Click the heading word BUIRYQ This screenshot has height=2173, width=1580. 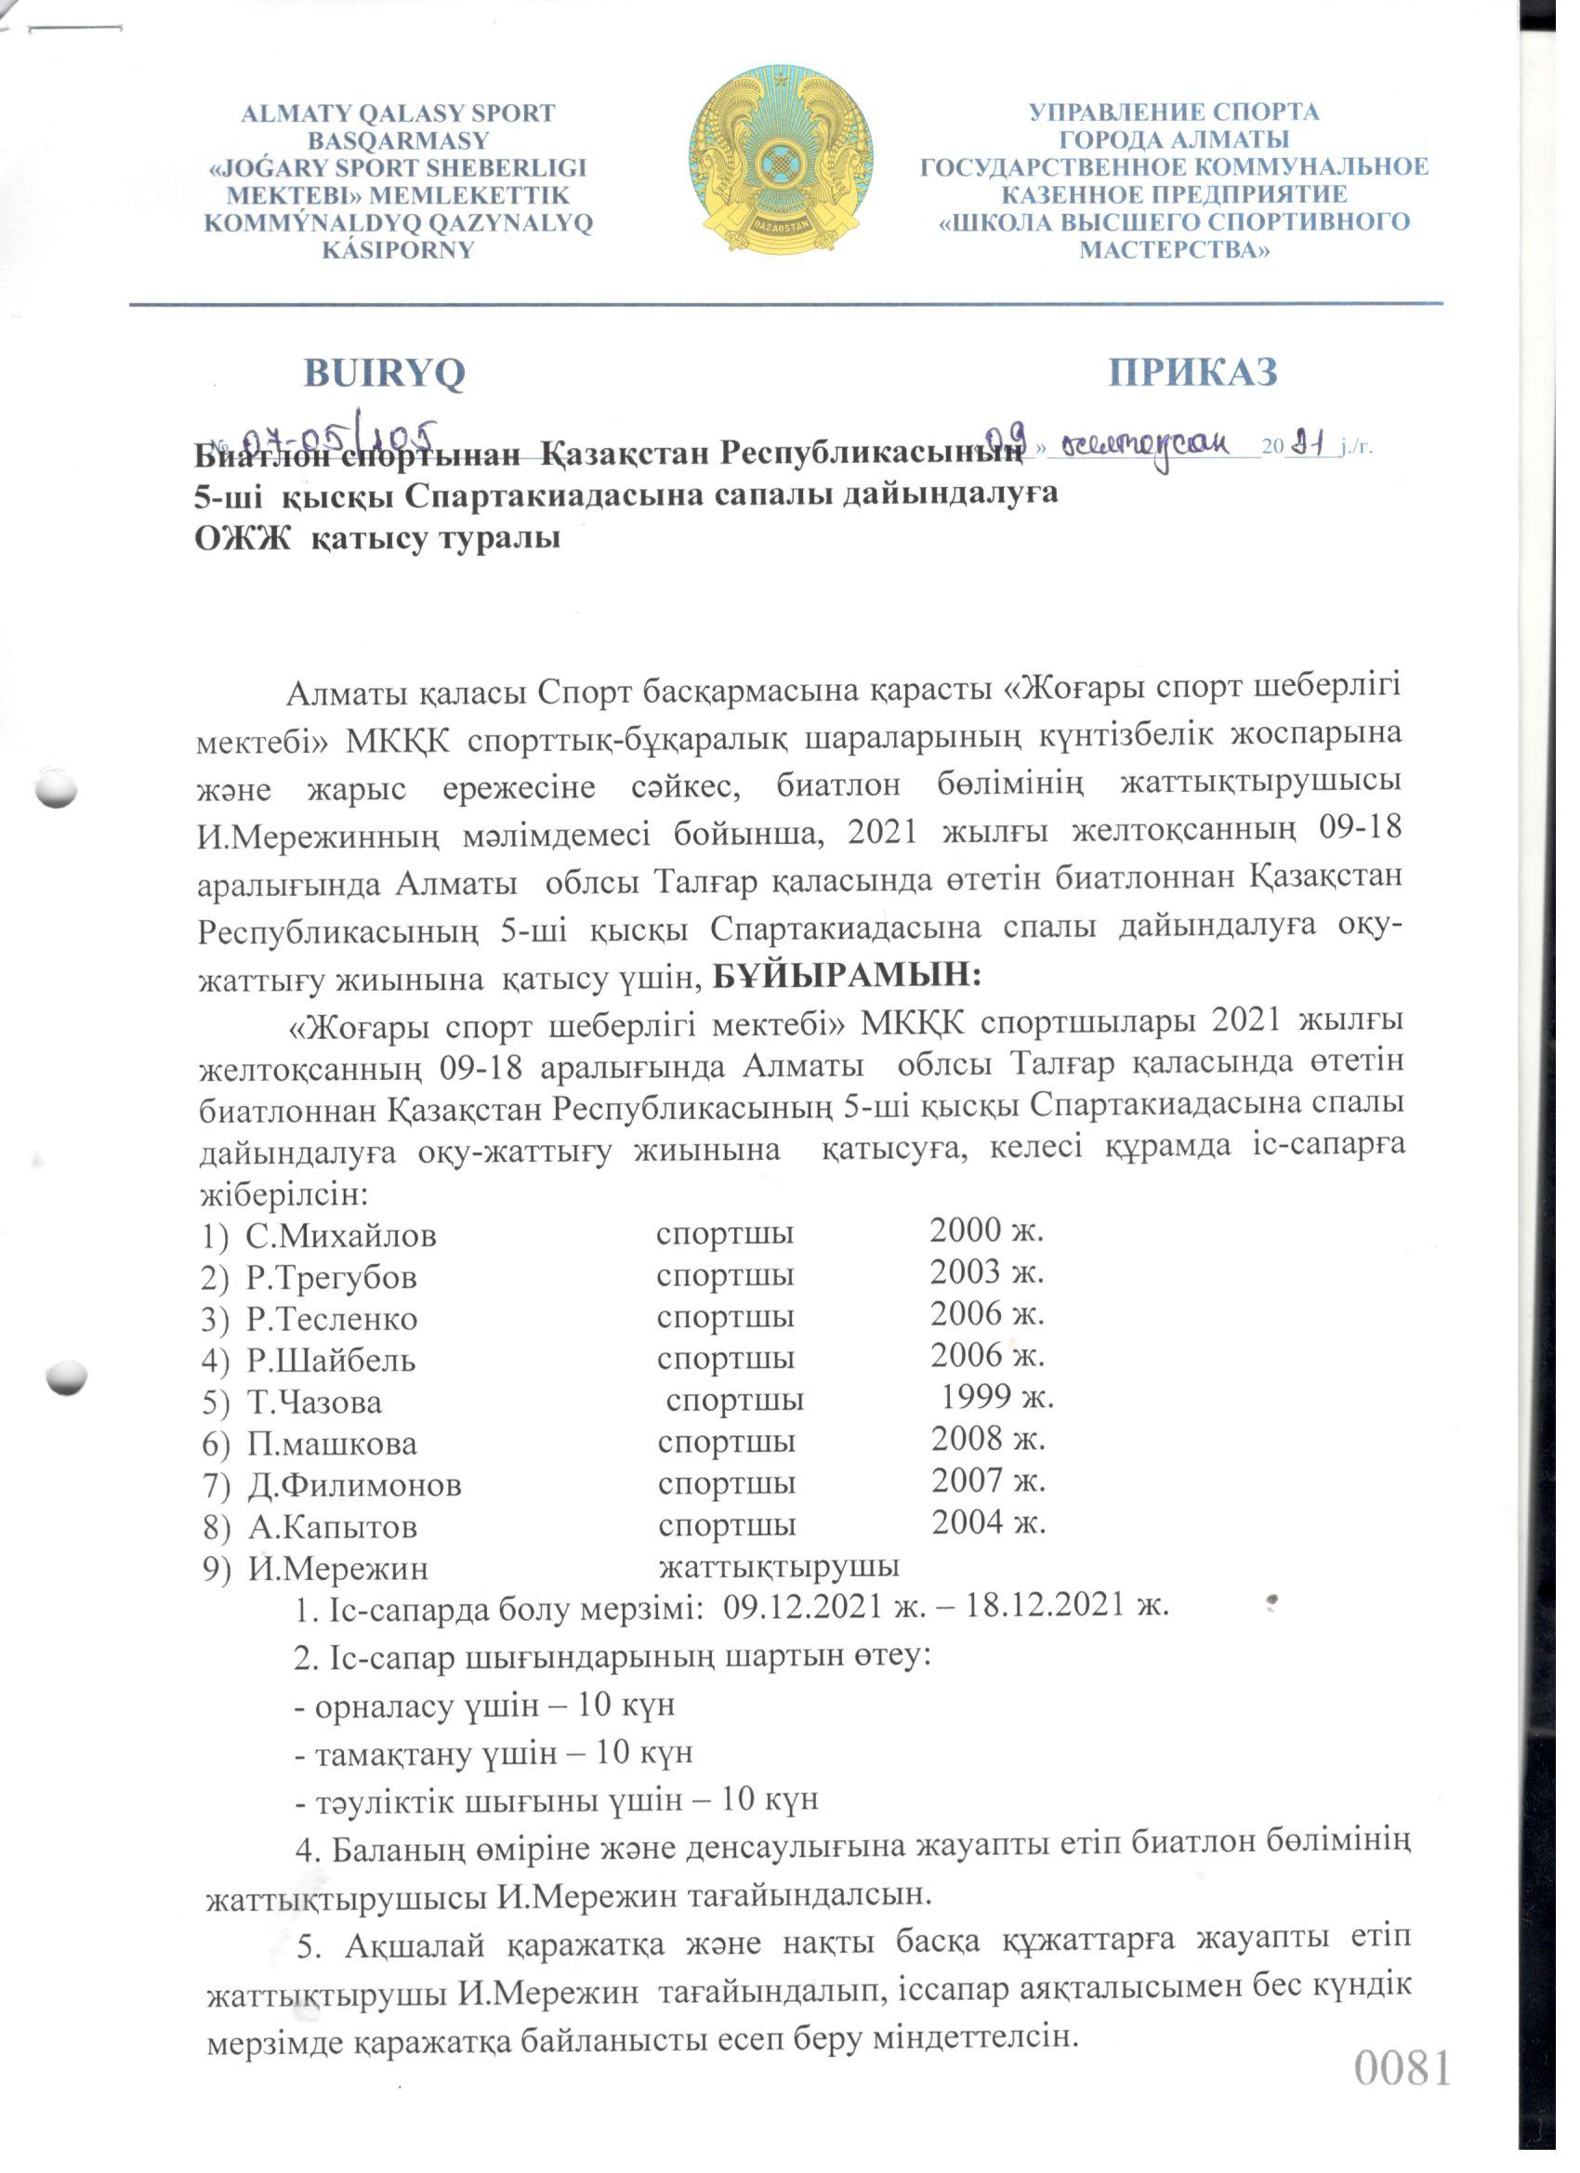(x=384, y=373)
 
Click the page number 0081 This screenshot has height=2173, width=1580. (x=1402, y=2069)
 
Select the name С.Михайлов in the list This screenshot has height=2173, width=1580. (x=340, y=1236)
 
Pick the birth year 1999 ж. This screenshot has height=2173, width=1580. (x=996, y=1398)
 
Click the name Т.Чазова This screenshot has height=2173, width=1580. (x=314, y=1403)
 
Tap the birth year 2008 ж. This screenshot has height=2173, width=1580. (x=988, y=1439)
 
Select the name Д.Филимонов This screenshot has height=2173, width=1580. (x=354, y=1485)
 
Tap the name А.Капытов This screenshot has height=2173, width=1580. (x=332, y=1526)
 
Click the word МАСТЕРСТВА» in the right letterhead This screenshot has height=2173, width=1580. (x=1175, y=250)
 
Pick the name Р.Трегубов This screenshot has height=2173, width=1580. (x=331, y=1277)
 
